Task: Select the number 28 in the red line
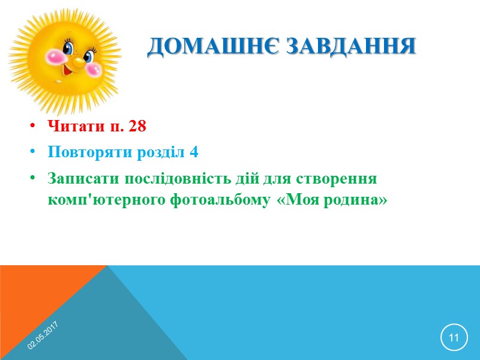click(x=137, y=127)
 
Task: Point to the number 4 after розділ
click(x=194, y=152)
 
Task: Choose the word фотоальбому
click(x=219, y=200)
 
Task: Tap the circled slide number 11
click(x=453, y=338)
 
